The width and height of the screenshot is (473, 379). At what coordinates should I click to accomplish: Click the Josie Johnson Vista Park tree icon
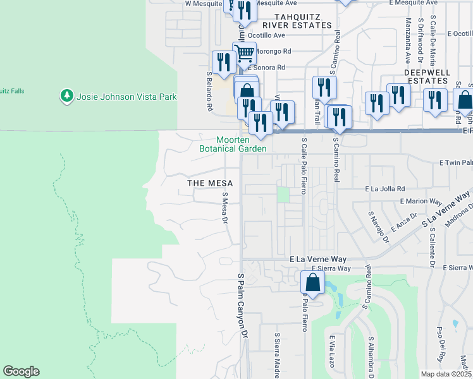click(x=66, y=96)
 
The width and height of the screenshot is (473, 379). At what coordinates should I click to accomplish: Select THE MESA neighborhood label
click(x=210, y=183)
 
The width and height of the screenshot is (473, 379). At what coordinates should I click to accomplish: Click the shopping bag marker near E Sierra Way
click(x=312, y=283)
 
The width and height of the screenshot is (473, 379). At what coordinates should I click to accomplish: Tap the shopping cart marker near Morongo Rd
click(x=243, y=52)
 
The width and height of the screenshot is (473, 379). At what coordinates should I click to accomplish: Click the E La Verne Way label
click(x=318, y=259)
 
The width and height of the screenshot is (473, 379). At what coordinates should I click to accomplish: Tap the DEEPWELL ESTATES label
click(x=427, y=76)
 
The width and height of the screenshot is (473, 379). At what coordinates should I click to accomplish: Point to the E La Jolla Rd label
click(x=384, y=189)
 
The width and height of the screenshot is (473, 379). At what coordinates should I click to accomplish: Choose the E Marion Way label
click(x=420, y=202)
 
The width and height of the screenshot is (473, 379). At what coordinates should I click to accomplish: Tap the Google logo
click(x=21, y=371)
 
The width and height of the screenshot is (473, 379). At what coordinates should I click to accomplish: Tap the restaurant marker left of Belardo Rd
click(x=224, y=62)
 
